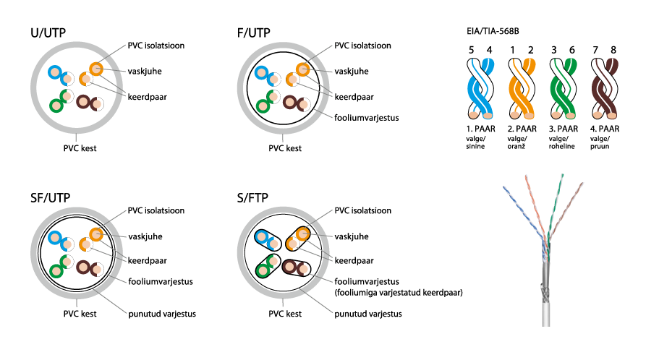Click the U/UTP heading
point(52,33)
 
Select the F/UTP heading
point(258,33)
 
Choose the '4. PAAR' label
point(606,128)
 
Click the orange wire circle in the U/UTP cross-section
point(96,69)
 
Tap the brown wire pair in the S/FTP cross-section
point(294,268)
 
